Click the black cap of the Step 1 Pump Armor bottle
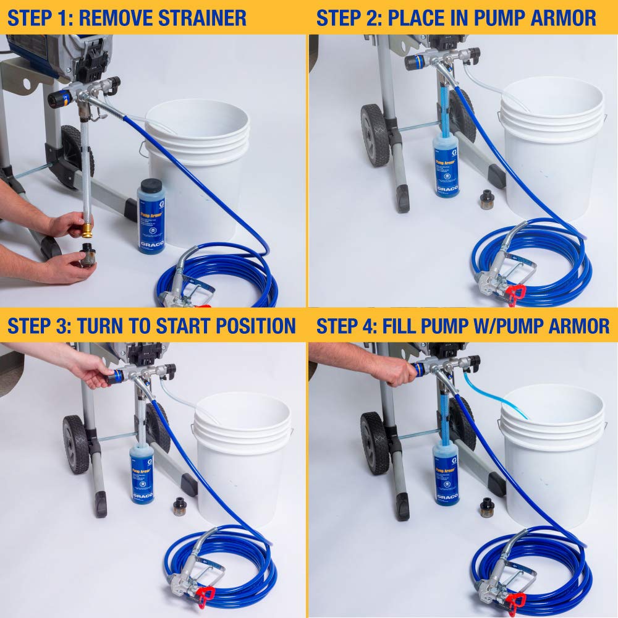(x=151, y=186)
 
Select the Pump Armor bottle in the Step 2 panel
(x=446, y=164)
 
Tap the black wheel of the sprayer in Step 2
(x=375, y=134)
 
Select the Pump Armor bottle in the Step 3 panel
(x=142, y=472)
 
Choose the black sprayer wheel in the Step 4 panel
(x=375, y=442)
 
